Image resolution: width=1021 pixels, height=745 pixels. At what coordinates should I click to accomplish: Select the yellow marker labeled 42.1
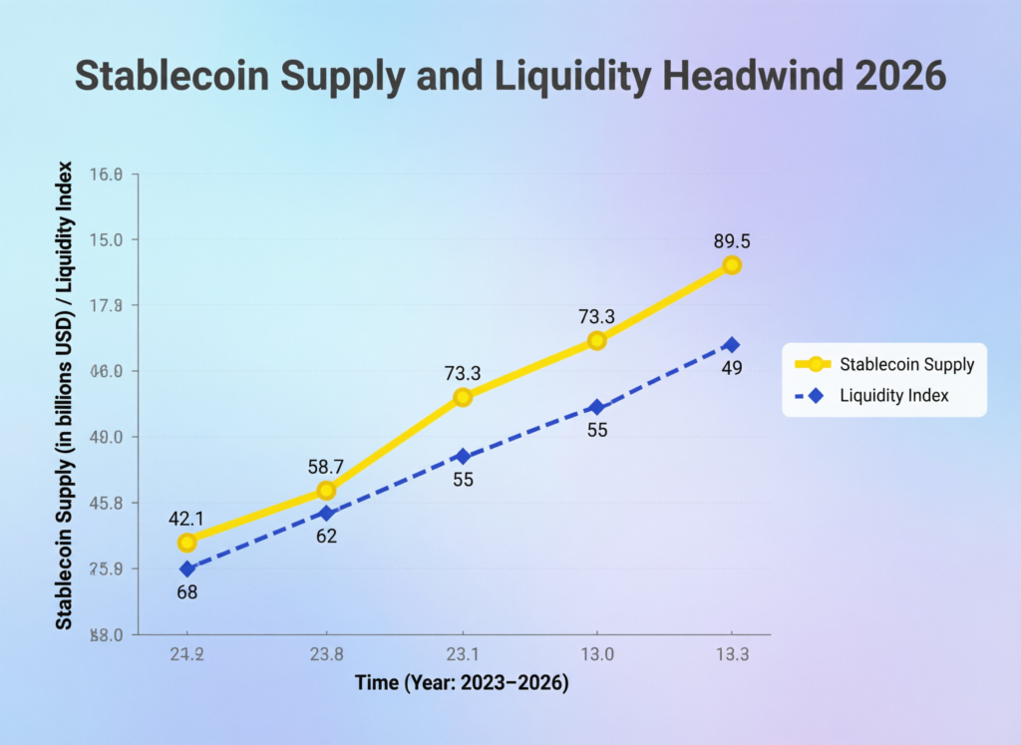[x=186, y=543]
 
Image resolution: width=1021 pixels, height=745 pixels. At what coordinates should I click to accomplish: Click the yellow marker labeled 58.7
[x=326, y=491]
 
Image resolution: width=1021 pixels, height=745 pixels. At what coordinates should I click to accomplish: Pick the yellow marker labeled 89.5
[x=732, y=265]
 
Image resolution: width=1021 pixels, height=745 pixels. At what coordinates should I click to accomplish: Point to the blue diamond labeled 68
[x=186, y=568]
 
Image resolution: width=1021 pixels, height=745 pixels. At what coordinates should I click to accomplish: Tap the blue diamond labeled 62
[x=326, y=513]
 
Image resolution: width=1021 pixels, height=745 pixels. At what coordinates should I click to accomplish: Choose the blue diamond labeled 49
[x=732, y=344]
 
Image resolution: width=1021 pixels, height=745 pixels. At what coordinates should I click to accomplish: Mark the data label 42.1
[x=186, y=518]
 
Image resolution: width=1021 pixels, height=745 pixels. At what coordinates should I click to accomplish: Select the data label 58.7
[x=326, y=466]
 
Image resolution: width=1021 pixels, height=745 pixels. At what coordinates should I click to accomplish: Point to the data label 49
[x=732, y=369]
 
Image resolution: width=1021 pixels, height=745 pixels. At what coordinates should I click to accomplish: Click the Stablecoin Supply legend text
[x=906, y=363]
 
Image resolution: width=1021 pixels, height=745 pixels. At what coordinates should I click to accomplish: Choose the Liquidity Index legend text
[x=893, y=396]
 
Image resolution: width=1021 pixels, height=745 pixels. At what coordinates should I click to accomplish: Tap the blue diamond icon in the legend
[x=815, y=396]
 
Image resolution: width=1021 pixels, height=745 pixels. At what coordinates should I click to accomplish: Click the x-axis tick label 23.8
[x=326, y=655]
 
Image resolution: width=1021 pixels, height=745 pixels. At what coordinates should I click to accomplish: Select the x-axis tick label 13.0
[x=596, y=655]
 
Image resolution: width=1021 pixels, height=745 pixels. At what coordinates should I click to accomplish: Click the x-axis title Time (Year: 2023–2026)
[x=462, y=684]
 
